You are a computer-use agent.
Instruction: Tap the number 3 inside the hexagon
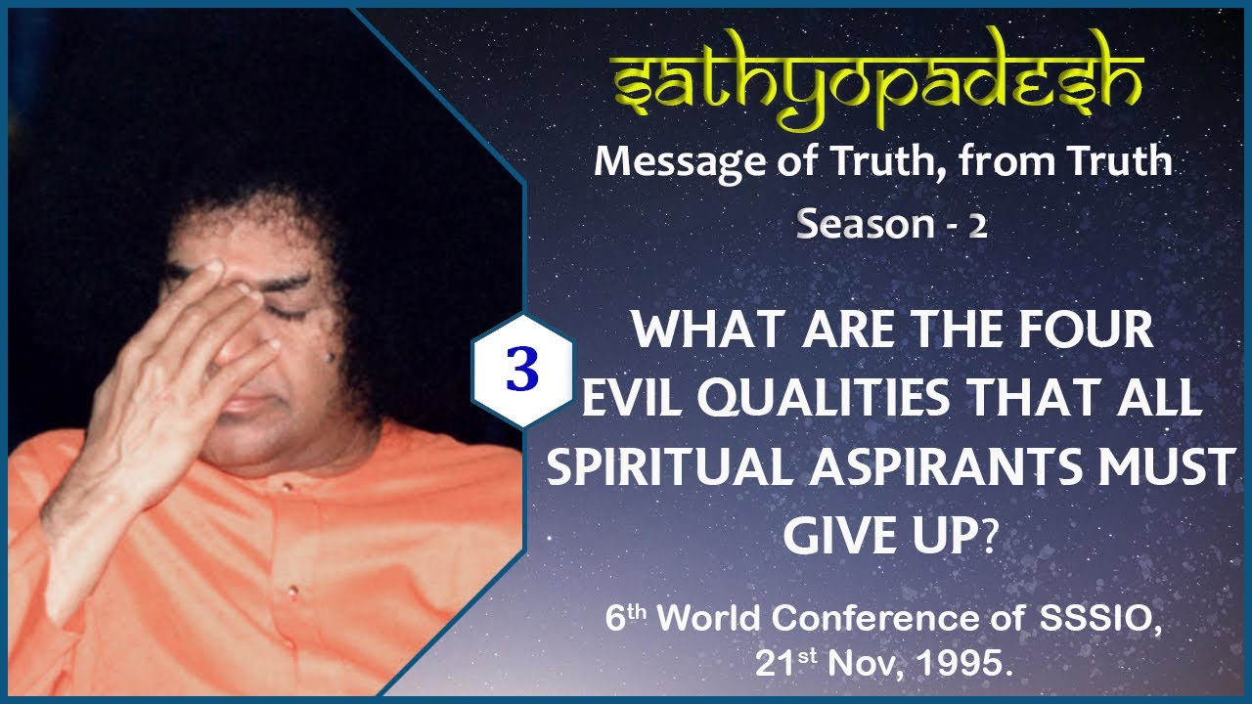523,371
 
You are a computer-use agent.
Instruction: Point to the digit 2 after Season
977,226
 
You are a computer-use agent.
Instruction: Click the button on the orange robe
291,591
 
